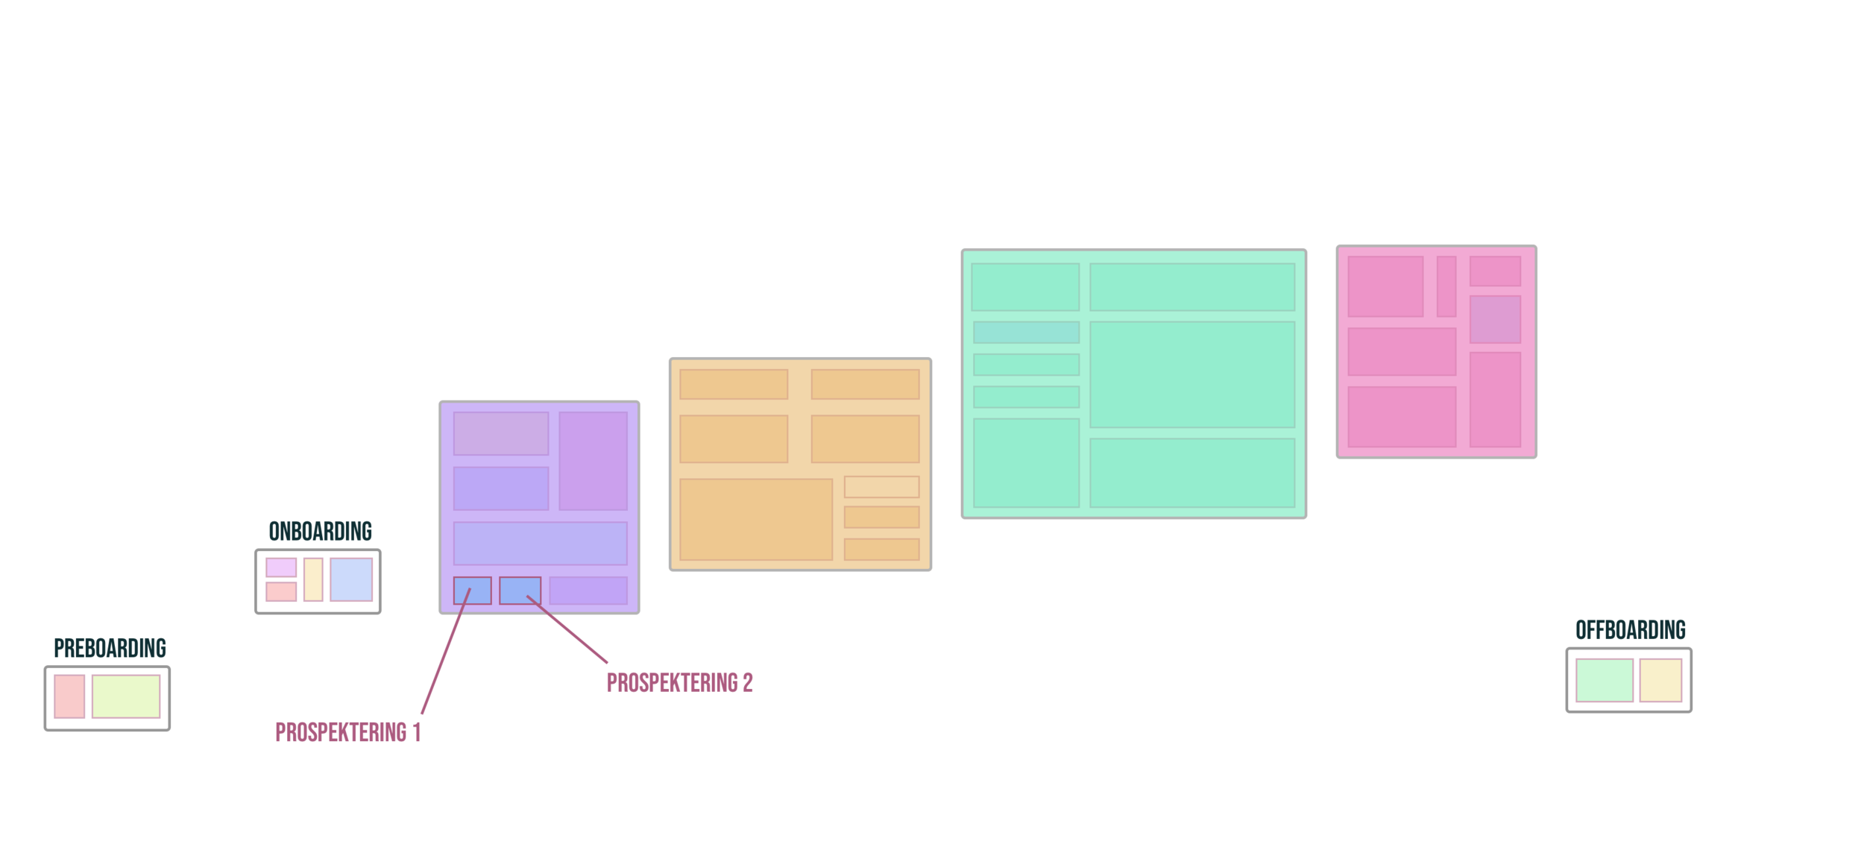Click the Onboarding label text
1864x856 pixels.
320,533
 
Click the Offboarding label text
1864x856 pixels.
1630,632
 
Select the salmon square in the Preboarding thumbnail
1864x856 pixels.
69,696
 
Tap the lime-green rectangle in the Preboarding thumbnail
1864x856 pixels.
126,696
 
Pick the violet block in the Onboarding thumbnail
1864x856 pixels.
281,567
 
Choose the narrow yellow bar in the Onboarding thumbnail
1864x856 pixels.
313,579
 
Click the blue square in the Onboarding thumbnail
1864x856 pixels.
351,579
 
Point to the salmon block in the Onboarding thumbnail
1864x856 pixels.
281,591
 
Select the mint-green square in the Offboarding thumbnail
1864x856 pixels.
1604,680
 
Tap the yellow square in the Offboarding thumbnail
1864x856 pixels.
1661,680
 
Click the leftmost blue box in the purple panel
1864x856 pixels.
472,591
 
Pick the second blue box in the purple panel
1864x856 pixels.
520,591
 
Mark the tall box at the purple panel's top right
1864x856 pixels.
593,461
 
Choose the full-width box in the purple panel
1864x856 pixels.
540,544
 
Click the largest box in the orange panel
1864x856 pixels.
755,519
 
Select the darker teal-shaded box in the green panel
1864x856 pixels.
1026,333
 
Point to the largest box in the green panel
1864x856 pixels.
1191,374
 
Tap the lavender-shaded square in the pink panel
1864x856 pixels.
1495,319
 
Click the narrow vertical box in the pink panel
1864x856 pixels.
1446,286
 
